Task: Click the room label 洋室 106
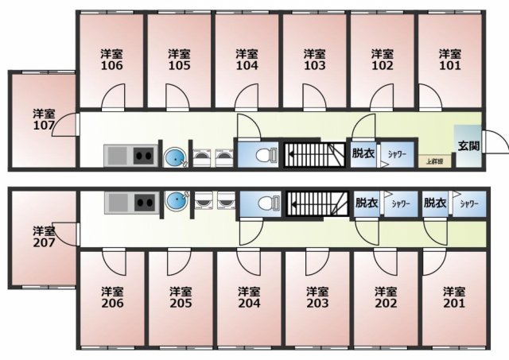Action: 112,60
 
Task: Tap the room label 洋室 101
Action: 450,60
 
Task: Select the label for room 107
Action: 44,119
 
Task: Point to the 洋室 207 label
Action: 44,237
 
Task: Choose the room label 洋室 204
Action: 248,297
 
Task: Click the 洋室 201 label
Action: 453,297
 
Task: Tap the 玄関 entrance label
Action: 468,146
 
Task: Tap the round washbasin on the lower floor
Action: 174,203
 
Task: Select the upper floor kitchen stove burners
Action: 143,154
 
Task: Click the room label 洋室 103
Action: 315,60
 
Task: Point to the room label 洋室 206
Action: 112,297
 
